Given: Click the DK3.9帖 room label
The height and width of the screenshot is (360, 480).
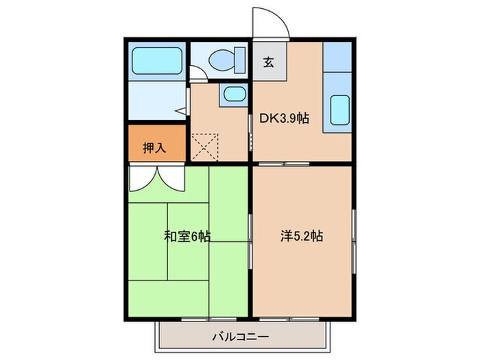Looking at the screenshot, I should click(x=283, y=117).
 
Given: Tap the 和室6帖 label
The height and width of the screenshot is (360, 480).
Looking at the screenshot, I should click(x=187, y=237).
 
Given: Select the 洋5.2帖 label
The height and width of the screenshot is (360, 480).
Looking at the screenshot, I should click(x=301, y=237).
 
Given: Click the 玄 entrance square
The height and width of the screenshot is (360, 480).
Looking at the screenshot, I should click(x=268, y=62).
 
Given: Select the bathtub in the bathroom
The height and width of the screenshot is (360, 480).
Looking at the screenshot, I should click(x=157, y=60).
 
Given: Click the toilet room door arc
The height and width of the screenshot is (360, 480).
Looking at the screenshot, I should click(x=196, y=74).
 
